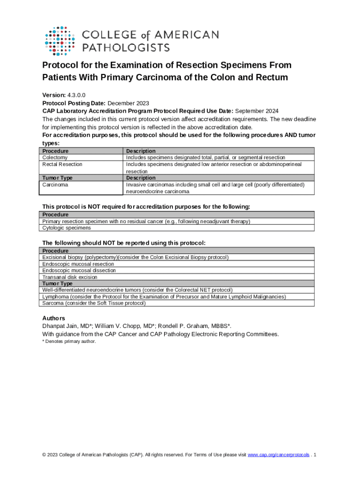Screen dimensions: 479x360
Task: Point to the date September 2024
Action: coord(257,111)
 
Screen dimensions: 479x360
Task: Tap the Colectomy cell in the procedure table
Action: coord(55,158)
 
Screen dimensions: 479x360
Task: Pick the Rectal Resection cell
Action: coord(62,164)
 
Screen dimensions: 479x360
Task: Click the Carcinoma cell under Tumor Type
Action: coord(55,185)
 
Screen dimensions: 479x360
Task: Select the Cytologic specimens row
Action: coord(66,228)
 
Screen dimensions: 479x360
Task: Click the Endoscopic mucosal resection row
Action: coord(79,264)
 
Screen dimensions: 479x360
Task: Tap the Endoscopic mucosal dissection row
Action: coord(79,270)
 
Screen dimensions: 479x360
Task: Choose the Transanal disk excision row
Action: coord(70,277)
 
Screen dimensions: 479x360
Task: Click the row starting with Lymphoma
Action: coord(164,297)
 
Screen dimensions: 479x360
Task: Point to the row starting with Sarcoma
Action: coord(94,303)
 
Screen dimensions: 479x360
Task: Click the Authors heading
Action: coord(54,318)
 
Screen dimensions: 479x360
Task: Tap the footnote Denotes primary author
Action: coord(71,341)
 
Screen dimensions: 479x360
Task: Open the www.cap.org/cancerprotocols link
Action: coord(278,455)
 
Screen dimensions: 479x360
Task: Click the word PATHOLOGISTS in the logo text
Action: coord(126,47)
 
